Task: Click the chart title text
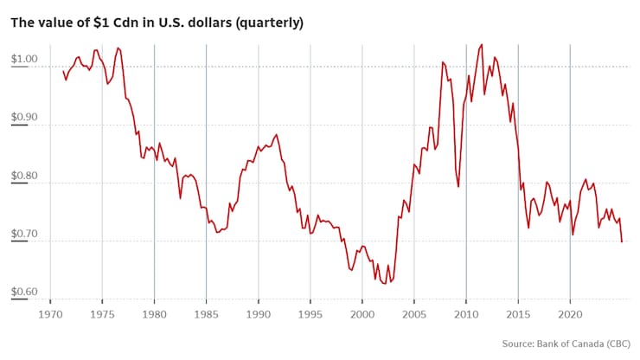tap(157, 22)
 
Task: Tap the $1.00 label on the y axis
tap(24, 60)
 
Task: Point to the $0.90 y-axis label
tap(24, 119)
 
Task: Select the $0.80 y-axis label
tap(24, 177)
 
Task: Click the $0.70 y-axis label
tap(24, 235)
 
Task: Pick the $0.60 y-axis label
tap(24, 292)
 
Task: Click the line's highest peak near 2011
tap(482, 44)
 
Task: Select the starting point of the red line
tap(63, 71)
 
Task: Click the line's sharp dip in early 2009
tap(458, 186)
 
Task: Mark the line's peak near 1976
tap(118, 48)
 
